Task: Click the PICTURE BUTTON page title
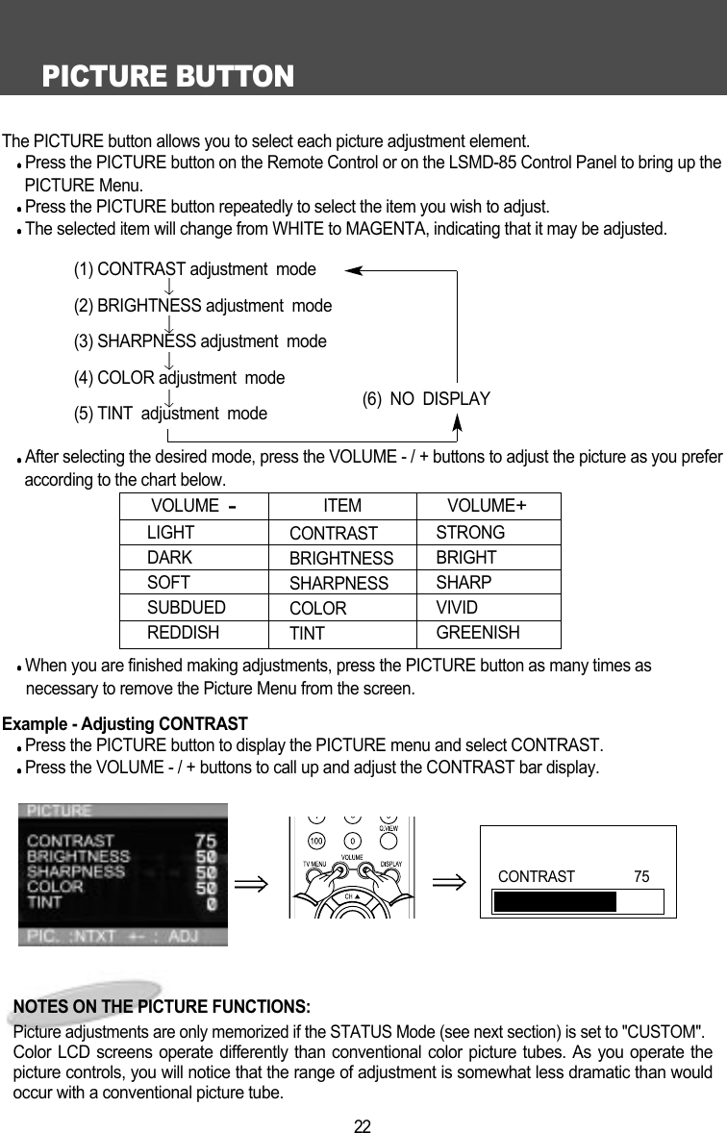[x=167, y=76]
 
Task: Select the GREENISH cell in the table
[x=478, y=633]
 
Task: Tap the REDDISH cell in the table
[x=183, y=633]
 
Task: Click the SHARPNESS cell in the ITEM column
[x=338, y=584]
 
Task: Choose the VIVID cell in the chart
[x=457, y=608]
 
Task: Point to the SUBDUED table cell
[x=186, y=608]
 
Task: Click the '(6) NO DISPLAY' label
[x=426, y=399]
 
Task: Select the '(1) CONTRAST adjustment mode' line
[x=194, y=269]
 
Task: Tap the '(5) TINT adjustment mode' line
[x=170, y=415]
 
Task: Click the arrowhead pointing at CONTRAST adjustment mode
[x=353, y=270]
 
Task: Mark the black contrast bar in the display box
[x=555, y=901]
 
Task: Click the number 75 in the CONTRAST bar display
[x=641, y=876]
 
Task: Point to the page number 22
[x=363, y=1124]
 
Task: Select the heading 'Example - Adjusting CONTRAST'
[x=126, y=723]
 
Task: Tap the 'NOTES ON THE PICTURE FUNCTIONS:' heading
[x=162, y=1007]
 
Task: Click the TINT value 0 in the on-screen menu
[x=211, y=904]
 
